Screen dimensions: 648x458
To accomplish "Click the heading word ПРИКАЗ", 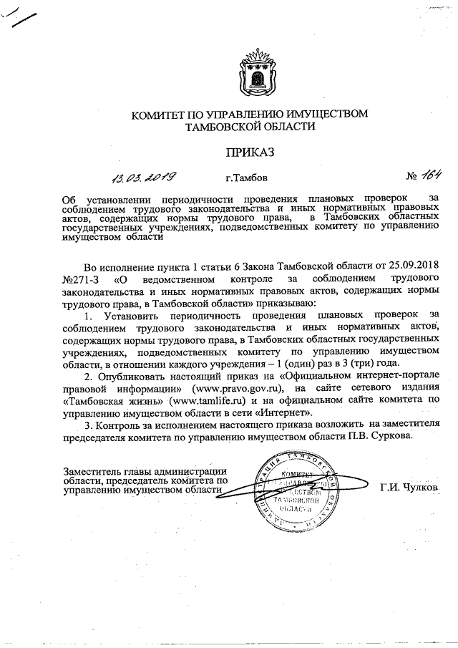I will click(x=250, y=151).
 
